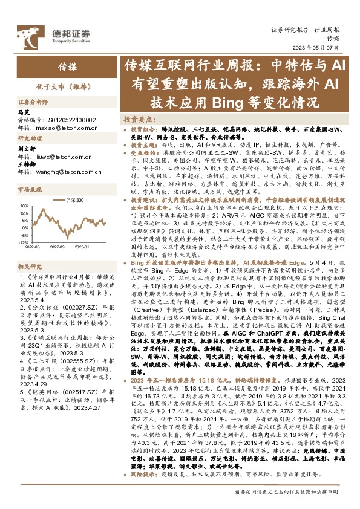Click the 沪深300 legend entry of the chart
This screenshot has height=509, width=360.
tap(73, 199)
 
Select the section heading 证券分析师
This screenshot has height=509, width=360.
tap(33, 103)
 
